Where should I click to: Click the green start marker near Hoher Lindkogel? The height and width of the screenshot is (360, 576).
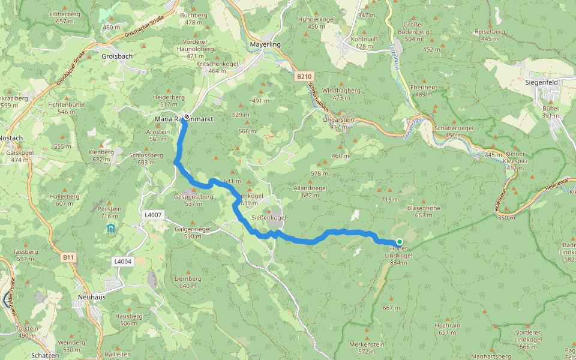tap(400, 242)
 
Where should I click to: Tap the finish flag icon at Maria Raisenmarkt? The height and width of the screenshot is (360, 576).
tap(187, 116)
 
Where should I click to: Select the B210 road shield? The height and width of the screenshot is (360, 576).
tap(304, 77)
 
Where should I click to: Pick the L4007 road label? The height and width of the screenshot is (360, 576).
tap(154, 215)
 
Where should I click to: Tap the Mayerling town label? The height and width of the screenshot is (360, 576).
tap(265, 44)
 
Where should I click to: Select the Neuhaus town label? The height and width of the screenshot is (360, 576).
tap(91, 298)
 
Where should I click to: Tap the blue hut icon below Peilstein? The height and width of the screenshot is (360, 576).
tap(110, 228)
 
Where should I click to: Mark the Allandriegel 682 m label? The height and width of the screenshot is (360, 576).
tap(310, 191)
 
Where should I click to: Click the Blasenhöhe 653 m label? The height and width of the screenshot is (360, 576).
tap(424, 211)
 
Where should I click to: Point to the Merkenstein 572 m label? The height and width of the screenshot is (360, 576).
tap(367, 347)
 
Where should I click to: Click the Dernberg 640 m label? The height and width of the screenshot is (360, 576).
tap(187, 282)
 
